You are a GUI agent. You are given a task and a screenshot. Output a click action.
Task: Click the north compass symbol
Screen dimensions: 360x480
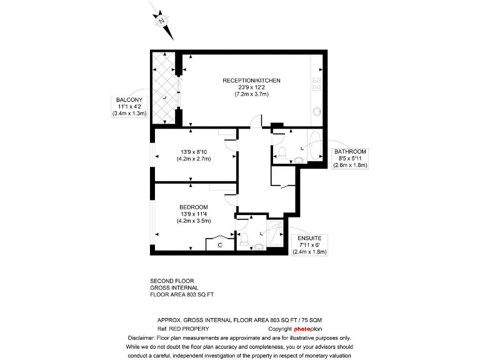point(162,21)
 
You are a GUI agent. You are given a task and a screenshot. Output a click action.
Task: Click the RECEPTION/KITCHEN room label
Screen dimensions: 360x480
point(251,81)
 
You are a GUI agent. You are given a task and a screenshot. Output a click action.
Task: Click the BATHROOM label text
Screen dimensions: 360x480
point(350,151)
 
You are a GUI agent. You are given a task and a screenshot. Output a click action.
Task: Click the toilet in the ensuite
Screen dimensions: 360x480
point(245,239)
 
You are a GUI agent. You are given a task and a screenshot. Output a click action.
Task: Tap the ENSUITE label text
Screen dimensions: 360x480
point(309,238)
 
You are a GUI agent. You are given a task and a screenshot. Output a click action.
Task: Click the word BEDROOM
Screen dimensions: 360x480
point(193,207)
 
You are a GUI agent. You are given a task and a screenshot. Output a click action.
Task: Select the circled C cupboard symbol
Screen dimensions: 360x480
point(220,246)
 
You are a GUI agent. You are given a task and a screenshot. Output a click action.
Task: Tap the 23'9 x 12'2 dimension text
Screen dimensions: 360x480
point(251,87)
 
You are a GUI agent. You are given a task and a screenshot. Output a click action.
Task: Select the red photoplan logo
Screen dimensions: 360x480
point(307,328)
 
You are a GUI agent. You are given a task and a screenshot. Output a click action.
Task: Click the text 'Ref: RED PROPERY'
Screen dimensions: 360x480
point(183,328)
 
